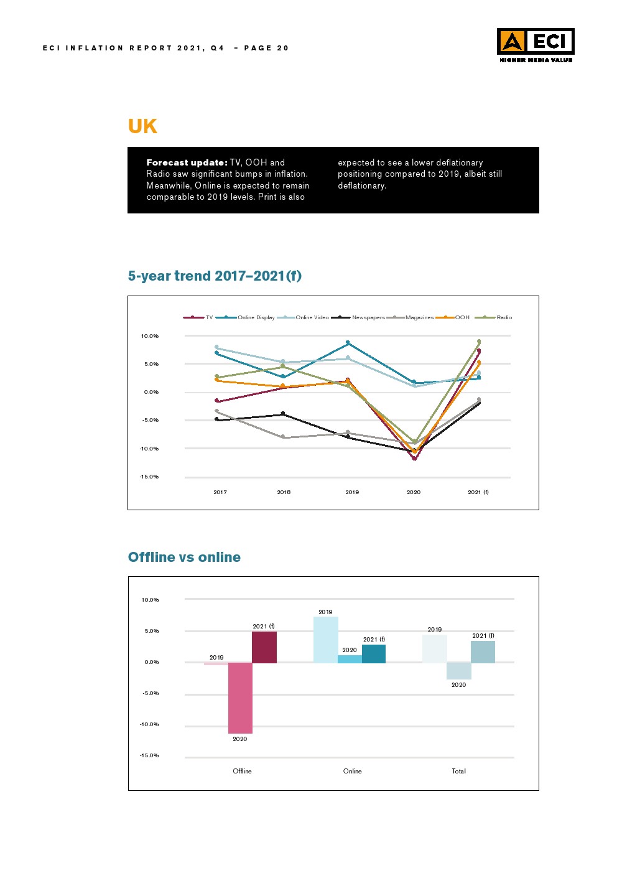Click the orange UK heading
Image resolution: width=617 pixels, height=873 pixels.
point(142,126)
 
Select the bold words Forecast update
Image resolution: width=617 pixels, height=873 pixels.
point(187,162)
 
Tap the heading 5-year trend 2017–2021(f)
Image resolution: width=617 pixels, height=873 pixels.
point(215,276)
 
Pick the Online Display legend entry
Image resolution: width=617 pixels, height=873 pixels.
point(256,317)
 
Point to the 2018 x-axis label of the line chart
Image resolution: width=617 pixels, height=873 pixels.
point(284,492)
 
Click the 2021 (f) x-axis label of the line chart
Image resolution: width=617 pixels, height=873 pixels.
point(478,492)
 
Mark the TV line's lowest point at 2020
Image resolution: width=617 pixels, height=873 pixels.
point(414,459)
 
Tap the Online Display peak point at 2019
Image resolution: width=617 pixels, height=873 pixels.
point(348,343)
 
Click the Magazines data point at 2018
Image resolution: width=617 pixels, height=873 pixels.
point(284,437)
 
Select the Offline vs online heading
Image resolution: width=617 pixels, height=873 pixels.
point(184,557)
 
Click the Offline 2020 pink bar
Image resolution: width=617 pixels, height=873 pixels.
point(240,697)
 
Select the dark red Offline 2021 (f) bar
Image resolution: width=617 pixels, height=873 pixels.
point(264,647)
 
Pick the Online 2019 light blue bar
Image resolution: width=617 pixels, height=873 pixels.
point(325,640)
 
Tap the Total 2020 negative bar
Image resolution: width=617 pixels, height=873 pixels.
point(458,671)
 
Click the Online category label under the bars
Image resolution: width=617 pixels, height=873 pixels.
point(352,771)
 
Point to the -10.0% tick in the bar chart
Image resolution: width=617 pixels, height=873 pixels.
point(149,724)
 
